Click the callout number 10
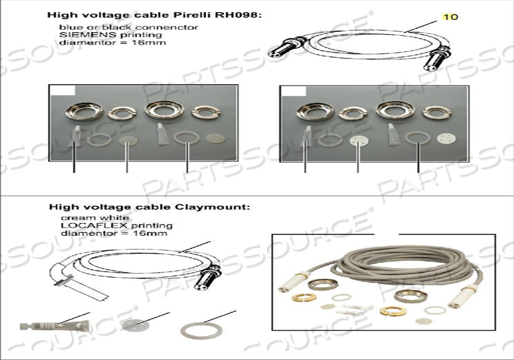(451, 16)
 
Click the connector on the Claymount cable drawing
(209, 278)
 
